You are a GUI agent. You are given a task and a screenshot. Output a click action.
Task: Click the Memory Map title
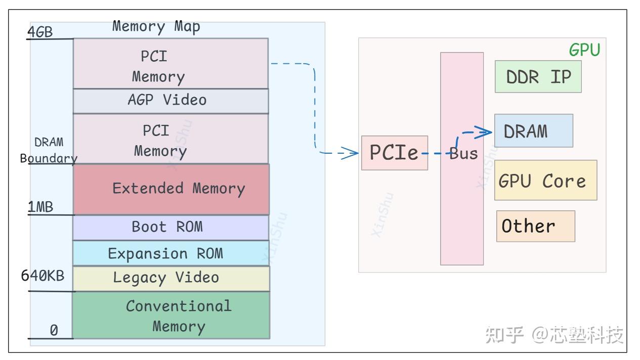(156, 26)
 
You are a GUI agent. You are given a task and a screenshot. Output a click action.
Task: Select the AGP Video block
(170, 101)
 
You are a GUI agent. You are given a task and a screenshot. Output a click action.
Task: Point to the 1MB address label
(40, 208)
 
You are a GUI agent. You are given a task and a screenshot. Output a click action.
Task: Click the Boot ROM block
(170, 227)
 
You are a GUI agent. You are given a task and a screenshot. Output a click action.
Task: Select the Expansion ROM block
(170, 253)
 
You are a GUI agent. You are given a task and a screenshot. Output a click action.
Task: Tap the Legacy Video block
(170, 278)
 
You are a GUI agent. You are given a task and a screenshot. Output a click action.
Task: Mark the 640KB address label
(42, 276)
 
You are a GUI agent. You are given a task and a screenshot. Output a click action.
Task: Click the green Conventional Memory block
(171, 315)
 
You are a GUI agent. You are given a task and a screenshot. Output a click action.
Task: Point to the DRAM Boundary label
(49, 150)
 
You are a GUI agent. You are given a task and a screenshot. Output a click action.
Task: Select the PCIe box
(394, 153)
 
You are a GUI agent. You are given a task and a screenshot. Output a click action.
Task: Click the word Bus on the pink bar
(463, 154)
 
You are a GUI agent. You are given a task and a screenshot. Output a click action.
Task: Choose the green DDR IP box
(538, 77)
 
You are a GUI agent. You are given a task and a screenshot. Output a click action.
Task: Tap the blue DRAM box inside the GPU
(533, 131)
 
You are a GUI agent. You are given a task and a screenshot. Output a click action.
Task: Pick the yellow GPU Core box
(545, 181)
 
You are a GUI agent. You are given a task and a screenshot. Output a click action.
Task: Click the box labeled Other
(535, 226)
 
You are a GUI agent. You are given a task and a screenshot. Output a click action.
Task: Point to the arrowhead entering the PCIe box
(352, 153)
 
